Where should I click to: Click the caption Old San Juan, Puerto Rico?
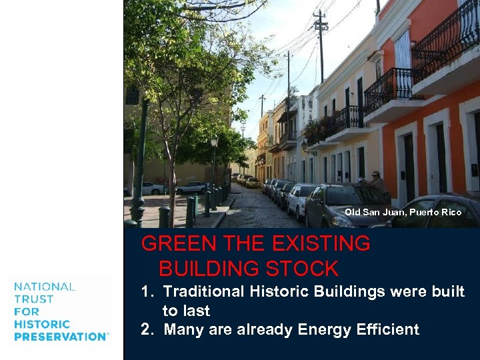403,212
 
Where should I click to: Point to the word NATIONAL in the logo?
45,287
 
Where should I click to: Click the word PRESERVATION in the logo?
60,337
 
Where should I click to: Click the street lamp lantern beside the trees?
214,141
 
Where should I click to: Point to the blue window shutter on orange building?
403,50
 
